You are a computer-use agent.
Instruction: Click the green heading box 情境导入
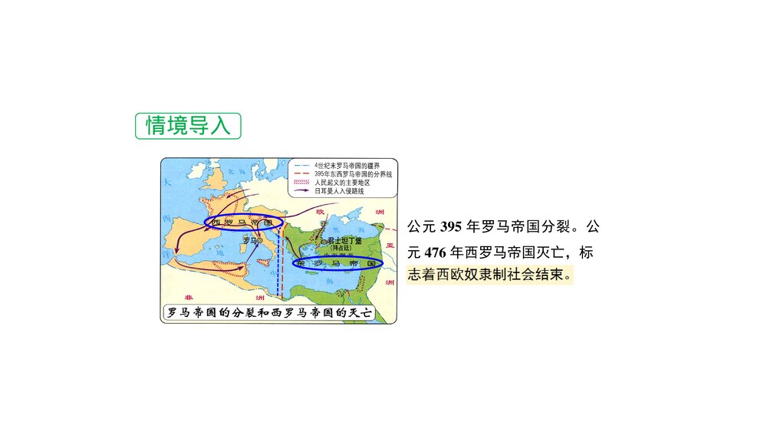(x=188, y=126)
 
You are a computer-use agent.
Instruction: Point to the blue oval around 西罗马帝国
(x=244, y=223)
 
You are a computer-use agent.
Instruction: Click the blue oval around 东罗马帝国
(x=338, y=263)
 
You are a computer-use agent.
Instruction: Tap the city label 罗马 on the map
(x=249, y=240)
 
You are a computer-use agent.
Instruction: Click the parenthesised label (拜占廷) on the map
(x=340, y=248)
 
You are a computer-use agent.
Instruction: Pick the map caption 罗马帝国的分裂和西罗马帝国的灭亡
(x=279, y=313)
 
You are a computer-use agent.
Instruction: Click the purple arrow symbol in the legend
(x=301, y=191)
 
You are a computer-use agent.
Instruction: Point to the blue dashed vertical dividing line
(x=278, y=261)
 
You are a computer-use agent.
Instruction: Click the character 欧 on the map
(x=321, y=213)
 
